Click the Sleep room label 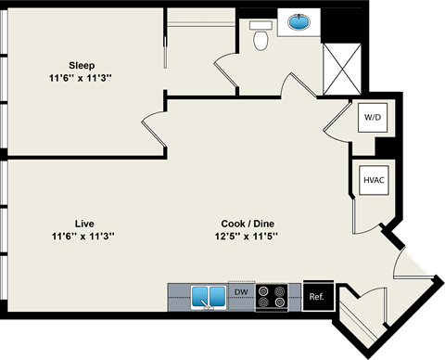tap(82, 65)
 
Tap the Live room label tap(83, 223)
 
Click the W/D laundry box tap(373, 118)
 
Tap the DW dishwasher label tap(241, 291)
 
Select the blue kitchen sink tap(209, 298)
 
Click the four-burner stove tap(272, 297)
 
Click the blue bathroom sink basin tap(299, 22)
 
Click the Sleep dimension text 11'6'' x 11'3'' tap(82, 78)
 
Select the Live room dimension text tap(83, 236)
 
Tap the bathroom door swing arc tap(228, 71)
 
